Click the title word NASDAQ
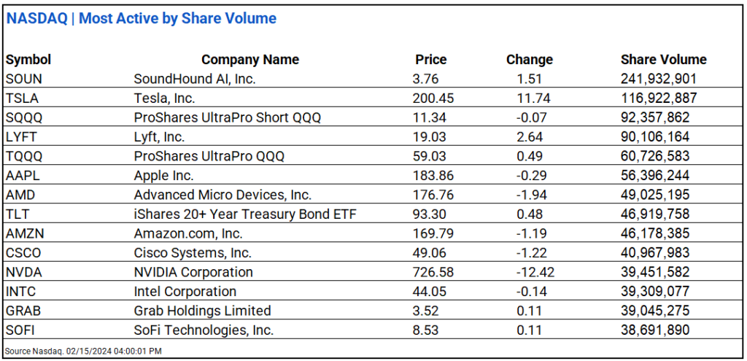tap(38, 18)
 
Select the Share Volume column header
tap(663, 60)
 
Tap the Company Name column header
tap(250, 60)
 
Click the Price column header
tap(430, 60)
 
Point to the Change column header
tap(529, 60)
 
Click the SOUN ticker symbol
tap(23, 79)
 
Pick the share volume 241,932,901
tap(659, 79)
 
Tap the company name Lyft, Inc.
tap(159, 136)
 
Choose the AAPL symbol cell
tap(22, 175)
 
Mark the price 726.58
tap(433, 272)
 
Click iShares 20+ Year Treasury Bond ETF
tap(245, 214)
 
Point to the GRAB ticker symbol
tap(23, 311)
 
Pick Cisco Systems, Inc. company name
tap(193, 252)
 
